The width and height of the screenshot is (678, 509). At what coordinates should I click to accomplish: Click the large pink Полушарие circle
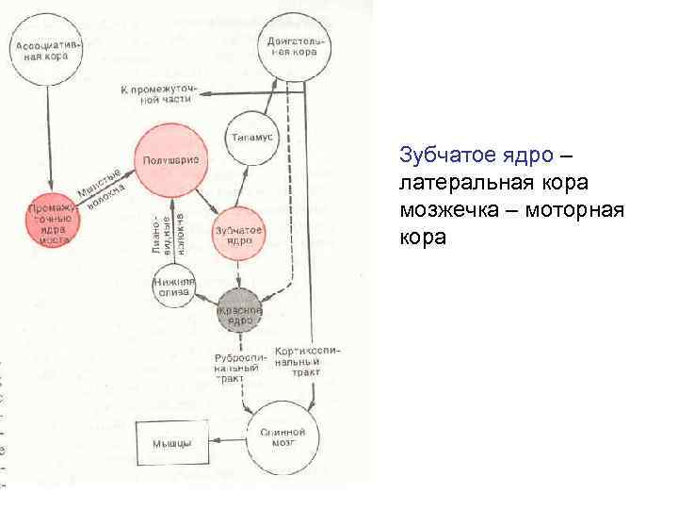coord(170,161)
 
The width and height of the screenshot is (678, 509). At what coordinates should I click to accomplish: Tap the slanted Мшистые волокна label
coord(99,186)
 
